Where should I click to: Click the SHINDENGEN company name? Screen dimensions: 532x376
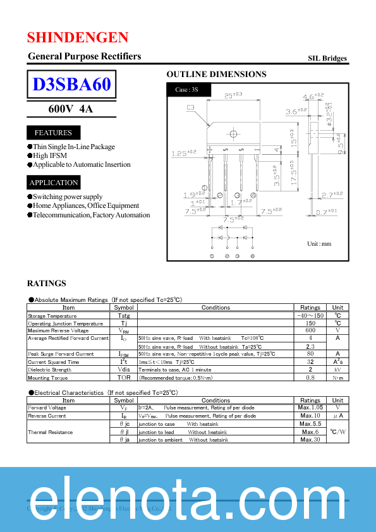point(78,37)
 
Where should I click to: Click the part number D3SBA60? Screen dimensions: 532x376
point(71,84)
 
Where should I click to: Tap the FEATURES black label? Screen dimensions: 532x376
point(53,133)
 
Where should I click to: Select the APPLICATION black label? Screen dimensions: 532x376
point(54,183)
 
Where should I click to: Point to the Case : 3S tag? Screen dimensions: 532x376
point(186,90)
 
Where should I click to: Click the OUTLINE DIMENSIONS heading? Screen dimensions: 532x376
point(216,75)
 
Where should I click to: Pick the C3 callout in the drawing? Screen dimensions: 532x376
point(190,107)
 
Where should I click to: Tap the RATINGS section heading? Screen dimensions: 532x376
point(46,284)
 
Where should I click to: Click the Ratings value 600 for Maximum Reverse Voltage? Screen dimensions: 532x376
point(310,330)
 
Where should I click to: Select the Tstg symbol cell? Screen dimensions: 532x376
point(123,315)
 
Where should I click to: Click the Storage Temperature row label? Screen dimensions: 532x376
point(52,315)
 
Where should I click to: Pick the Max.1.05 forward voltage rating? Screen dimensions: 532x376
point(310,408)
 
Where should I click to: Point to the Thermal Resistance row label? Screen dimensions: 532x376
point(50,432)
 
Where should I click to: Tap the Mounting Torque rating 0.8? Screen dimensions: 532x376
point(310,377)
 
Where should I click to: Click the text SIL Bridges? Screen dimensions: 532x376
point(327,58)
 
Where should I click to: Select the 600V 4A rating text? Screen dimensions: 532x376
point(71,109)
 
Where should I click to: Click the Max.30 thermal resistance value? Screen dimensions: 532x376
point(310,440)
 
